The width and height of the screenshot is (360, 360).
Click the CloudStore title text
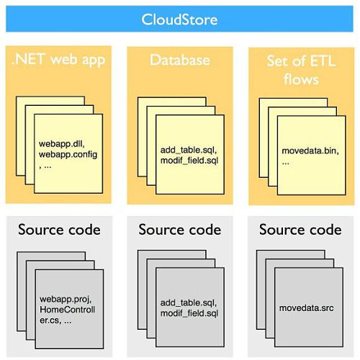click(179, 19)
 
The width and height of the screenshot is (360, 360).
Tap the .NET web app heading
click(58, 60)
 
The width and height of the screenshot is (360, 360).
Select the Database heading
click(180, 60)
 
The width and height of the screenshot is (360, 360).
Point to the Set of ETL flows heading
click(301, 70)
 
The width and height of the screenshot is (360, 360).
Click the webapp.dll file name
click(62, 144)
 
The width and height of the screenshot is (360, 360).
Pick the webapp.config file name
click(68, 154)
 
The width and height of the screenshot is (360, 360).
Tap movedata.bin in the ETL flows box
click(310, 150)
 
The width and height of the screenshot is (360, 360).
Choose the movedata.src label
click(306, 308)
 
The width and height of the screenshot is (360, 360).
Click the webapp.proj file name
click(66, 299)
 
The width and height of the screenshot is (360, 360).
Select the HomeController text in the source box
click(67, 315)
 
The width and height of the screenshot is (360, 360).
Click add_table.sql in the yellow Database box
click(189, 150)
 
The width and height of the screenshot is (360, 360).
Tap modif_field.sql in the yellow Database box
click(189, 161)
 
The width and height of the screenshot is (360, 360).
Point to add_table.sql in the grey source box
click(189, 303)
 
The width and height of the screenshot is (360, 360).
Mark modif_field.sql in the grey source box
click(189, 313)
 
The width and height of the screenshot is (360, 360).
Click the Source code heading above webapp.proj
click(59, 230)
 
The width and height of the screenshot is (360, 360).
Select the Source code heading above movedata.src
click(300, 230)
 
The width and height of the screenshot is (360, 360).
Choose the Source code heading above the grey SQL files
click(180, 230)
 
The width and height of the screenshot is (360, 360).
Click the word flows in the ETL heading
click(301, 79)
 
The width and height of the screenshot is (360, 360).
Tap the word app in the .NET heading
click(94, 60)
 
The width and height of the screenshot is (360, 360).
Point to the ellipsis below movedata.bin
click(285, 163)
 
